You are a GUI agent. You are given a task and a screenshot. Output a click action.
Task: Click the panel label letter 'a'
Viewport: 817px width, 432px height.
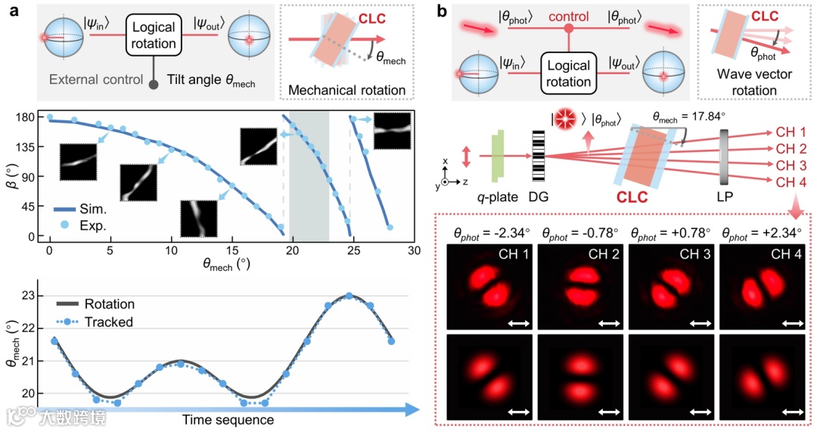[14, 12]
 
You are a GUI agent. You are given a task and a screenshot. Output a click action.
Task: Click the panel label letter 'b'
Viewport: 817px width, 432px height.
[440, 12]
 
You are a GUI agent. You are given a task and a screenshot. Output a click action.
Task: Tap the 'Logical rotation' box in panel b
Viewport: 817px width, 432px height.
[567, 74]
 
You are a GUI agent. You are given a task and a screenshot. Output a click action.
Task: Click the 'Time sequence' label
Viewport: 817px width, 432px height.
[228, 418]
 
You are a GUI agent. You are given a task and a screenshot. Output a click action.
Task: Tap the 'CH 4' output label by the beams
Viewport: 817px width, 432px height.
[791, 182]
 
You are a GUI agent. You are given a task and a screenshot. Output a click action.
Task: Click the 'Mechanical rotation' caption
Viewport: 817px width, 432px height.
[348, 90]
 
